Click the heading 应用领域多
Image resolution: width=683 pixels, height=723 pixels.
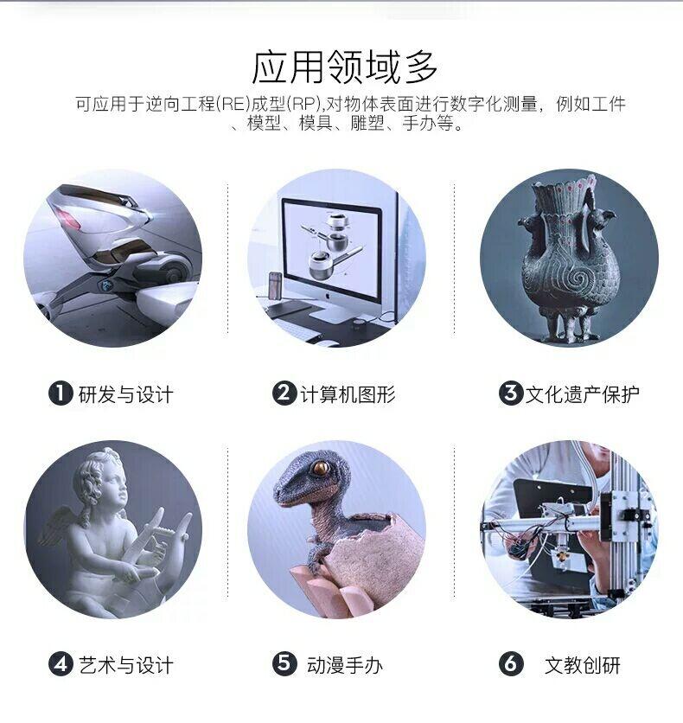[344, 67]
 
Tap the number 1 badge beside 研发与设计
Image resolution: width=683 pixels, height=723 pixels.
[61, 393]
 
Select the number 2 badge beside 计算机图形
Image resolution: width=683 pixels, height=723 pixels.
[284, 393]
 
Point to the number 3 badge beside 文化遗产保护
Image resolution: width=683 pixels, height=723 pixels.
[511, 393]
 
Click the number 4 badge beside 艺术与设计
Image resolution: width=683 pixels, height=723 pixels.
[61, 664]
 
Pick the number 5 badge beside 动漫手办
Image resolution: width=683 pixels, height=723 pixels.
[284, 664]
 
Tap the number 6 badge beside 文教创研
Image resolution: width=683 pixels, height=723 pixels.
[511, 664]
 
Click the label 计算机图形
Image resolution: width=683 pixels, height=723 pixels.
[348, 394]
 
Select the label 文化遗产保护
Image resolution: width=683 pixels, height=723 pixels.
[583, 394]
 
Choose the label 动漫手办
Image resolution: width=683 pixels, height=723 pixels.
[345, 665]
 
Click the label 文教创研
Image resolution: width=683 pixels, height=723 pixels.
[583, 665]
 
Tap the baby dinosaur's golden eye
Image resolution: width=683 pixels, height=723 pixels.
[320, 468]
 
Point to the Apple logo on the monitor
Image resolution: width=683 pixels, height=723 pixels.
[329, 296]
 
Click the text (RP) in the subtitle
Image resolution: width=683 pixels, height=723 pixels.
[303, 104]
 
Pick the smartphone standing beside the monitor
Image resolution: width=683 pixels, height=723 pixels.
[275, 287]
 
